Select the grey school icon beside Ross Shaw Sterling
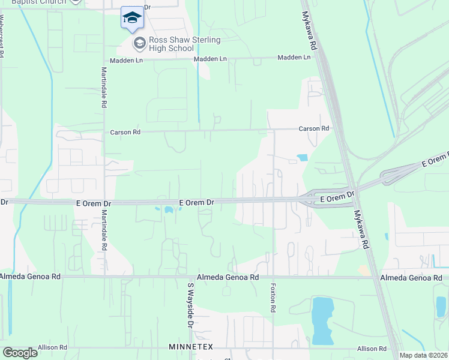point(139,43)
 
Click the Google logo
point(20,353)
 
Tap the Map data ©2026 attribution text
point(423,355)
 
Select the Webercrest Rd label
point(2,36)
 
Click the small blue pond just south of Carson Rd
point(302,158)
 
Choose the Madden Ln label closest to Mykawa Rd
point(294,58)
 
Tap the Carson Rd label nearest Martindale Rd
point(124,132)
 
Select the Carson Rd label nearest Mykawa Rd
point(315,129)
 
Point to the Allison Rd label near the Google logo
point(52,347)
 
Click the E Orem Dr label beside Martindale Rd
point(91,203)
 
